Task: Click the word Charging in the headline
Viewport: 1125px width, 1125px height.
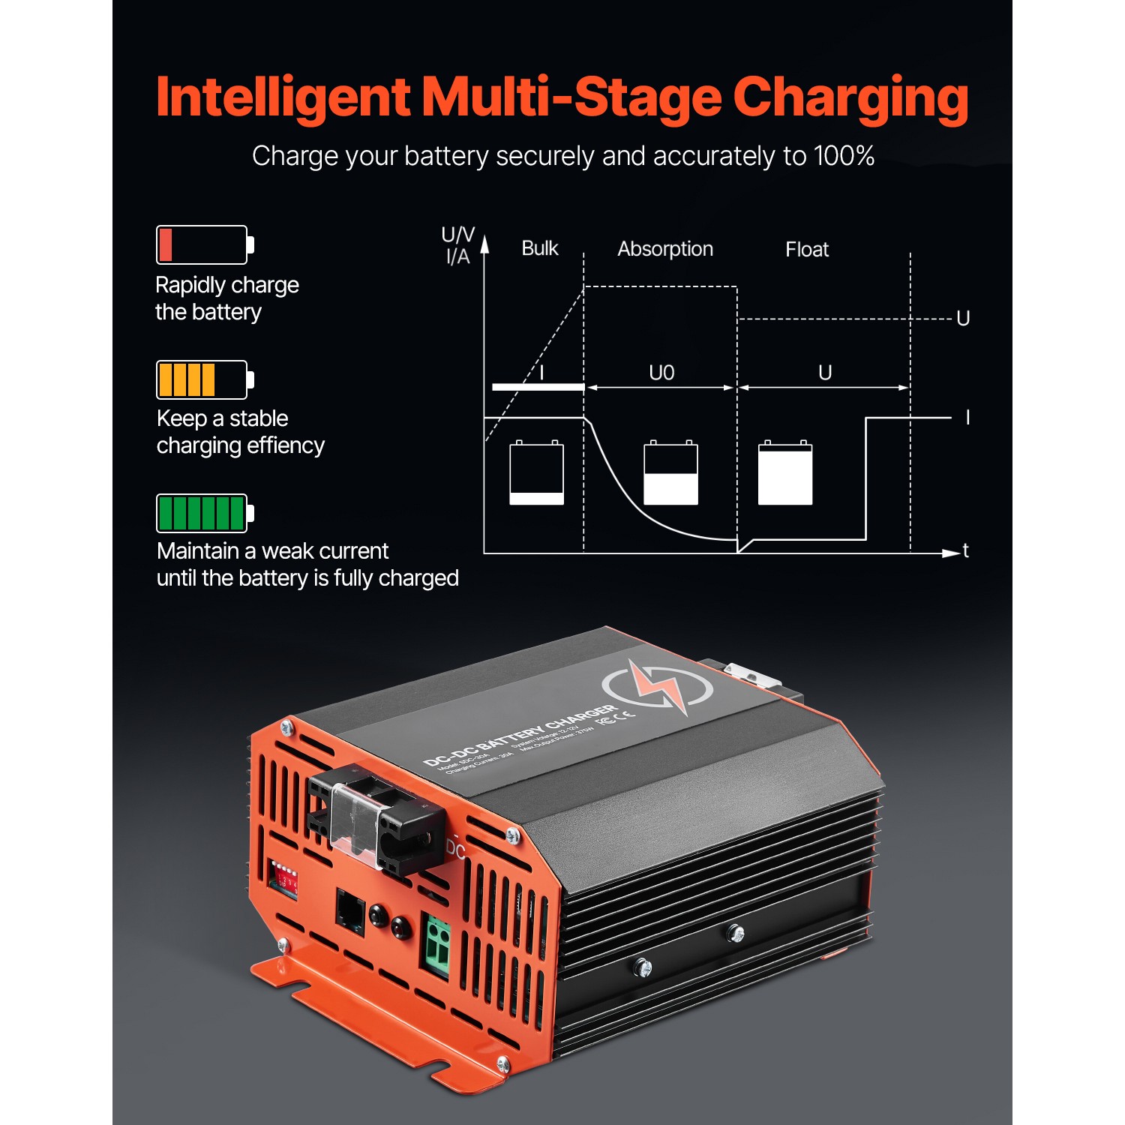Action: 850,99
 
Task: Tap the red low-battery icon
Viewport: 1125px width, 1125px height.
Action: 205,244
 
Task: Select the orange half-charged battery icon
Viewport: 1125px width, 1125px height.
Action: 205,379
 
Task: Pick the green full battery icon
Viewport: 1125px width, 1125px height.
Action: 205,513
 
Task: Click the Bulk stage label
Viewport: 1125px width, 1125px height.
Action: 539,248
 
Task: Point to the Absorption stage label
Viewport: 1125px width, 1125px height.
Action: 664,249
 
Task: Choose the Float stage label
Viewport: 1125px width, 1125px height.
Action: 806,250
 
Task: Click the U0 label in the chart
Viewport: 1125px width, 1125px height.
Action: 661,373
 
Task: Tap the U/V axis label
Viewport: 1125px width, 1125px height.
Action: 457,235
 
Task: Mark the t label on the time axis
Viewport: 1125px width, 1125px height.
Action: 965,550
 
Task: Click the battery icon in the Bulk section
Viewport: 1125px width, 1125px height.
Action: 536,472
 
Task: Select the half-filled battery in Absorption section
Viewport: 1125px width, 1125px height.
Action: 670,472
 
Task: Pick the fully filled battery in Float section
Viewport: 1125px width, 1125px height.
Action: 784,472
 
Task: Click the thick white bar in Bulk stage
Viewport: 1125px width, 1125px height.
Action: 538,386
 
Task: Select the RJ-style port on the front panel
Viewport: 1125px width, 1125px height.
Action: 350,911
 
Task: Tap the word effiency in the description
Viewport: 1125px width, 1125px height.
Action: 285,445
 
